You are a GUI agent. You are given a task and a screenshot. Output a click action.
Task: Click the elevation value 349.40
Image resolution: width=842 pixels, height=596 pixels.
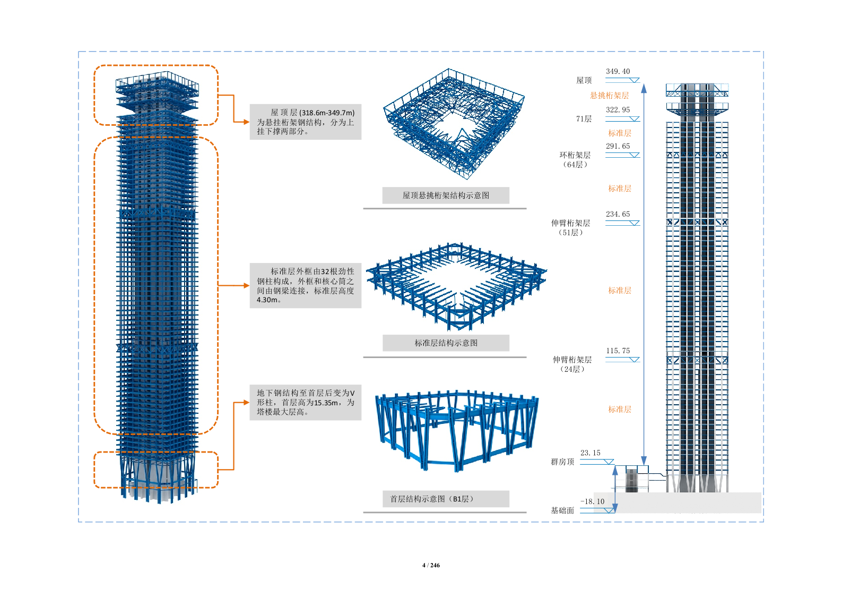tap(618, 72)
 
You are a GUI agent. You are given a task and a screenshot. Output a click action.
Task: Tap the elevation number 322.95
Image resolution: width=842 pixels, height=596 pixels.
tap(618, 110)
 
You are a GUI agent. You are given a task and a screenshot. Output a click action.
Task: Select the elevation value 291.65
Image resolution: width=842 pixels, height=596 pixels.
tap(618, 146)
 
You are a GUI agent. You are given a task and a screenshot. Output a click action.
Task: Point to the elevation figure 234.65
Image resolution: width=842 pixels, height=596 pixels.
tap(618, 214)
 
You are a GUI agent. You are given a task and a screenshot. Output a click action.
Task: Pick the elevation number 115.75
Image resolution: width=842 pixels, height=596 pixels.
tap(618, 351)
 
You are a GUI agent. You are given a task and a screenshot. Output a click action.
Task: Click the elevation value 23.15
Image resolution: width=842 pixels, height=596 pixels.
tap(590, 453)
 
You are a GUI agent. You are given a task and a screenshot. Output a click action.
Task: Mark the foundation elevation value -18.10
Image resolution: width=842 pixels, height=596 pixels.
tap(592, 501)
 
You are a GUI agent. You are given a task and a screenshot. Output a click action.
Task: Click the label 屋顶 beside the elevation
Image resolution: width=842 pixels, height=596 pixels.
tap(584, 81)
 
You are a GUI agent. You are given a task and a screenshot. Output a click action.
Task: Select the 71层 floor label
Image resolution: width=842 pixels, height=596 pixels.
tap(584, 119)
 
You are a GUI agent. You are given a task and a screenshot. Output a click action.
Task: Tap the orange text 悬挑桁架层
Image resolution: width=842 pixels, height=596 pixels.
tap(609, 96)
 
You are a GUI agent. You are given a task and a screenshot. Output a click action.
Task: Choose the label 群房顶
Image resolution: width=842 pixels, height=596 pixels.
tap(562, 462)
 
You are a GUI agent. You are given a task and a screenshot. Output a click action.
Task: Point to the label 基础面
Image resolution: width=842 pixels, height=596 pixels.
tap(562, 510)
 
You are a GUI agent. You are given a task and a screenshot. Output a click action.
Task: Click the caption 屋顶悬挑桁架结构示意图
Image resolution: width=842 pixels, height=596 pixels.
tap(446, 195)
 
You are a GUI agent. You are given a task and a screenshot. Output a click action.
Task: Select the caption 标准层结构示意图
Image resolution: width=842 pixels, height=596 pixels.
tap(446, 343)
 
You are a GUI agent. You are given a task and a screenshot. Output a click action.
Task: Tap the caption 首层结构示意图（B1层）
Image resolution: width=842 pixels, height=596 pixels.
tap(446, 499)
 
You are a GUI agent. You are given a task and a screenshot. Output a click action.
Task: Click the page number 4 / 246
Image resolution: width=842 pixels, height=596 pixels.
tap(431, 565)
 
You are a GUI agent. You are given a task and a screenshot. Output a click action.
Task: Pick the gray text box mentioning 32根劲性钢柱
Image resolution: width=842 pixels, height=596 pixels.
tap(306, 286)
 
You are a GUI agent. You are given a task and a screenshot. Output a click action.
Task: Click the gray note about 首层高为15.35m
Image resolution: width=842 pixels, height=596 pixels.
tap(306, 403)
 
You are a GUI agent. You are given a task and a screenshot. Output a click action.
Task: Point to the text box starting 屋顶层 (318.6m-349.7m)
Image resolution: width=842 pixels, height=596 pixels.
tap(306, 122)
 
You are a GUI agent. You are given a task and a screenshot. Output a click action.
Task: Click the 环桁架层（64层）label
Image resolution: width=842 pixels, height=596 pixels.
tap(575, 160)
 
